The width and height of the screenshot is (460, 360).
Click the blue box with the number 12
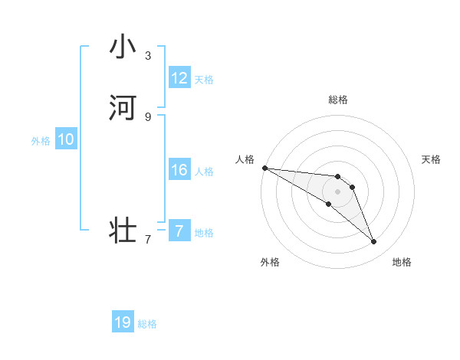[179, 78]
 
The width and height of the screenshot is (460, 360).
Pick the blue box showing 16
[179, 170]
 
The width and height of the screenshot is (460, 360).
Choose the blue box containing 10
[66, 139]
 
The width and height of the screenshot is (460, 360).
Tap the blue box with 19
[123, 322]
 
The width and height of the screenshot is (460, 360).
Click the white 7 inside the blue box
[179, 231]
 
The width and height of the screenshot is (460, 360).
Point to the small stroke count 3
[148, 55]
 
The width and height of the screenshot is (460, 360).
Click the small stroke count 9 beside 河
[148, 116]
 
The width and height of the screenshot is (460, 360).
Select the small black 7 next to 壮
[148, 240]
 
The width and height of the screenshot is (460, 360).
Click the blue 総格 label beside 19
[147, 324]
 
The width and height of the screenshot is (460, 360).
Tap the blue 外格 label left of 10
[41, 141]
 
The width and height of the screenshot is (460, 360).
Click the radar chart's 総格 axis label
[338, 100]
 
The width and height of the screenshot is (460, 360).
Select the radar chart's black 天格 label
[431, 159]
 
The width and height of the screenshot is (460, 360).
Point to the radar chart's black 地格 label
[402, 262]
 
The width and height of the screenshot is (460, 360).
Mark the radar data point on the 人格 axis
[264, 168]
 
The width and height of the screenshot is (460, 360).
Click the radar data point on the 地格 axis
[373, 242]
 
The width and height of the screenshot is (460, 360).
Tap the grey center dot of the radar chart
[338, 191]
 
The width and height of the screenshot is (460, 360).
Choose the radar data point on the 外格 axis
[329, 204]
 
